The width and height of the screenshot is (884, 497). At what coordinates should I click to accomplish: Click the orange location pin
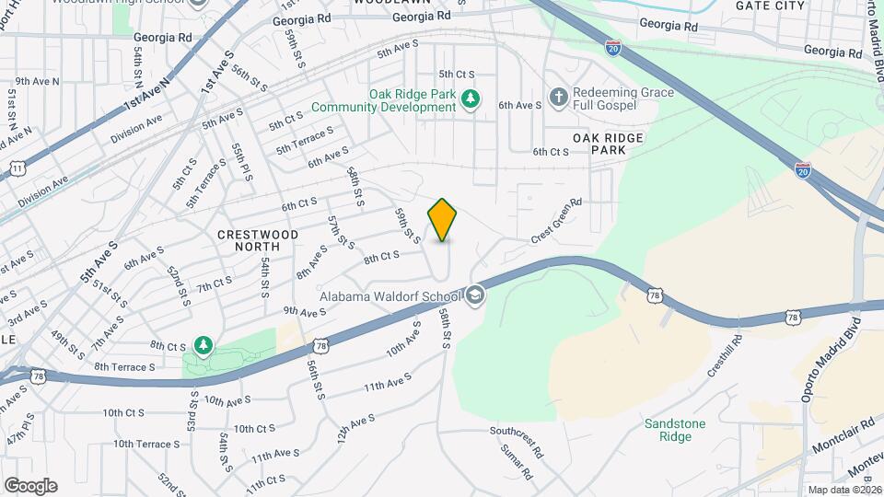[x=443, y=220]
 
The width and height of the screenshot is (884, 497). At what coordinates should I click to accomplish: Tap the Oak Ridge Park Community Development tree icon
[x=470, y=98]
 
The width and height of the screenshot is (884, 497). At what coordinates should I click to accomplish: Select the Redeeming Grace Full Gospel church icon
[x=558, y=97]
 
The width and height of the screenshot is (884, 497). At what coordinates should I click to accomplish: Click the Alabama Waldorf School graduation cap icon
[x=475, y=295]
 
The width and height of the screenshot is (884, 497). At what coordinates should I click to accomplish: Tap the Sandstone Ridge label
[x=674, y=429]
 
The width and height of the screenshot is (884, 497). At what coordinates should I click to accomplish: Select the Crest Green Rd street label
[x=556, y=221]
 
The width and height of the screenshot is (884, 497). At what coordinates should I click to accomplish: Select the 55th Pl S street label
[x=241, y=162]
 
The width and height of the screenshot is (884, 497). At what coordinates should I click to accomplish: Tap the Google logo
[x=29, y=485]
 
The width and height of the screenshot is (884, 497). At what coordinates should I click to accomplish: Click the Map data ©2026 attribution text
[x=843, y=490]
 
